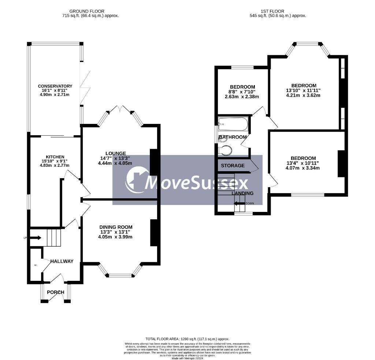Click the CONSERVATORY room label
click(x=55, y=86)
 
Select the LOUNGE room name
click(x=116, y=153)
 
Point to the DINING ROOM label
click(x=116, y=227)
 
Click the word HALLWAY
click(x=62, y=261)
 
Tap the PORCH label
click(x=56, y=292)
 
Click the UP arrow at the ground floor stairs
click(x=35, y=238)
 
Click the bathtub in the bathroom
click(x=233, y=124)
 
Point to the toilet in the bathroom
click(x=225, y=150)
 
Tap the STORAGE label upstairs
click(x=233, y=166)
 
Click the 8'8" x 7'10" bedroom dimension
click(x=242, y=92)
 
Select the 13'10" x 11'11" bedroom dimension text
click(x=304, y=91)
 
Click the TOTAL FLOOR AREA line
click(x=187, y=339)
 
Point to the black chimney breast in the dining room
click(x=154, y=233)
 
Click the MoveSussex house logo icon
click(x=136, y=180)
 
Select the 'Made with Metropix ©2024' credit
click(x=187, y=358)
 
